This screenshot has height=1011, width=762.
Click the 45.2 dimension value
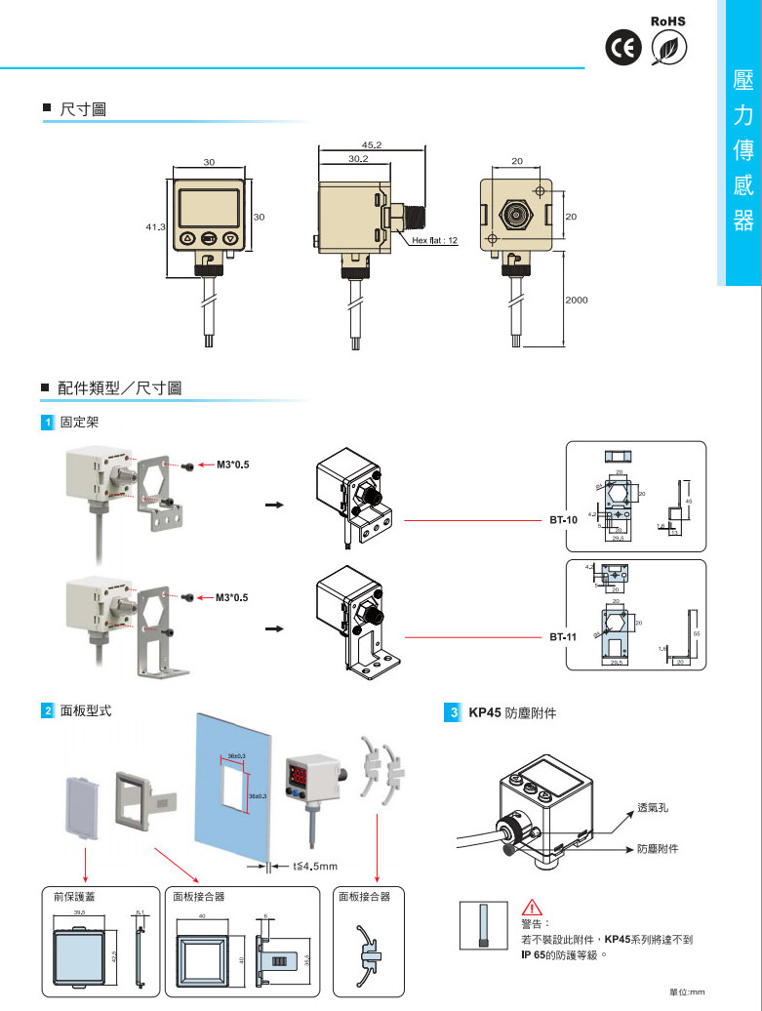[371, 144]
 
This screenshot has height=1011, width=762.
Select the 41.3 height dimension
[155, 226]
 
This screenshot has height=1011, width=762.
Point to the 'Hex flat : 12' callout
[434, 239]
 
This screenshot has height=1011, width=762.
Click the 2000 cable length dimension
[577, 300]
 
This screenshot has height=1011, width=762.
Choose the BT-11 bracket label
[562, 636]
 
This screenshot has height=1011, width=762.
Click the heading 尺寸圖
[83, 109]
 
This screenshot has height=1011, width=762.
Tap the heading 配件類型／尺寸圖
[119, 388]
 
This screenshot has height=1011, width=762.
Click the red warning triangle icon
[530, 905]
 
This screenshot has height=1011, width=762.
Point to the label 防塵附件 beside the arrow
[659, 849]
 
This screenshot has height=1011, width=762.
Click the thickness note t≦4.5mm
[315, 866]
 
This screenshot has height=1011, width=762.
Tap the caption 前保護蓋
[74, 896]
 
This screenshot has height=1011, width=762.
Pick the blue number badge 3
[453, 712]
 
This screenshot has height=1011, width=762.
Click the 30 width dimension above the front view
[209, 161]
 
